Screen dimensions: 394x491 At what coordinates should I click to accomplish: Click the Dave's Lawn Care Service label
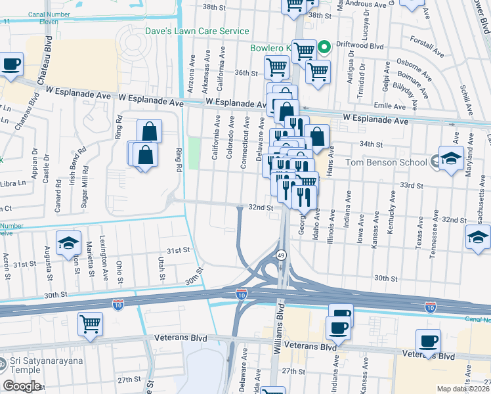tap(197, 31)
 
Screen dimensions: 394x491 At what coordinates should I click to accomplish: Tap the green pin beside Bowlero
tap(324, 48)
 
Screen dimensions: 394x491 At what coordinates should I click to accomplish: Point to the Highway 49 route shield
tap(280, 255)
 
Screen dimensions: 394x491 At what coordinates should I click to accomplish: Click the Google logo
tap(22, 386)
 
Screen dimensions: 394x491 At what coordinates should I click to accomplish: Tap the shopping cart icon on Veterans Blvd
tap(90, 323)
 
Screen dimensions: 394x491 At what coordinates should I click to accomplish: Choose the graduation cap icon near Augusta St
tap(68, 242)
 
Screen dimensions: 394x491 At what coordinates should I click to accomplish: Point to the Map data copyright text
tap(463, 388)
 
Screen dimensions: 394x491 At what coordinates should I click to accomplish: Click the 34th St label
tap(370, 144)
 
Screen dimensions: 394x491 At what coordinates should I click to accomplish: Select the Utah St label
tap(161, 268)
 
